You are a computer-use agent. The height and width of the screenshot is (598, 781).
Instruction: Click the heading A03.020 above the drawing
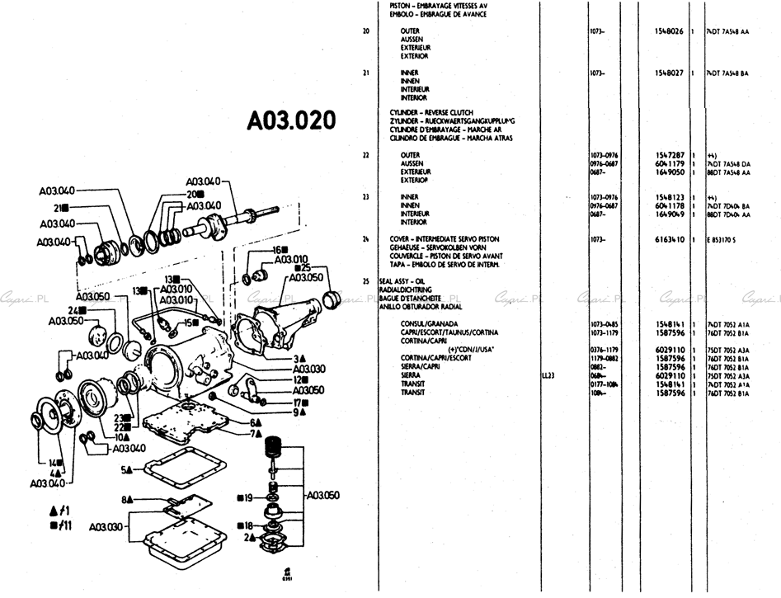292,121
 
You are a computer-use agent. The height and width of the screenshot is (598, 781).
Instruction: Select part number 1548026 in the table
668,31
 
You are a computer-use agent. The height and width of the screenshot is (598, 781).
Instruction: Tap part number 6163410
668,239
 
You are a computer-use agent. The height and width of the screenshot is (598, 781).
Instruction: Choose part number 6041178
668,205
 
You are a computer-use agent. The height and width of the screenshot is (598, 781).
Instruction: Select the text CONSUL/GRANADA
429,323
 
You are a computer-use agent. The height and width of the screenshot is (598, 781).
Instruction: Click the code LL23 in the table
548,374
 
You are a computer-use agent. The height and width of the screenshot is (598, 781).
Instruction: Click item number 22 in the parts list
365,155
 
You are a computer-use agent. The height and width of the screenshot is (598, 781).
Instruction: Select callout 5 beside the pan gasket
127,469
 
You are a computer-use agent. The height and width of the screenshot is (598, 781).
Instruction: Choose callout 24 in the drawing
73,309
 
